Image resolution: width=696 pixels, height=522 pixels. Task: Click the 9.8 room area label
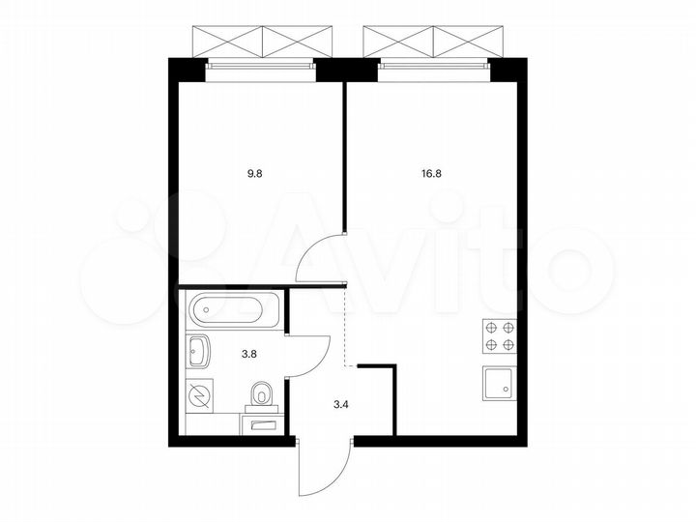click(x=255, y=174)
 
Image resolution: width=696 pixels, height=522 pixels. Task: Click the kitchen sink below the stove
click(x=500, y=383)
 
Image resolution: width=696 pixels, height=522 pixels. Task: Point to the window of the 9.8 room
click(x=261, y=66)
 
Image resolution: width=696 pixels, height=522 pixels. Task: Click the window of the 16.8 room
click(x=435, y=66)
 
